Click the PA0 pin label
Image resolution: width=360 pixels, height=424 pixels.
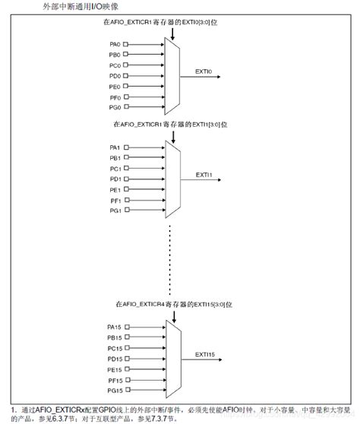(x=115, y=44)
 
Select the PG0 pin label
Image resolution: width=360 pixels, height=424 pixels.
(x=115, y=108)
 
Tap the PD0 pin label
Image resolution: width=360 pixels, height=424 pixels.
(x=115, y=76)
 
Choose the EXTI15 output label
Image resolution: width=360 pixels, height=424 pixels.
(x=206, y=353)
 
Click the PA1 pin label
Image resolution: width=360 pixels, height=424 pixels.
(x=115, y=147)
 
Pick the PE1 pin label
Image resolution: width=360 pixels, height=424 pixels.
(x=115, y=189)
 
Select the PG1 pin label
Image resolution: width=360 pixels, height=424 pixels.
(x=115, y=210)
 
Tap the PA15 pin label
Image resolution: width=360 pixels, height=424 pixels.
(x=115, y=327)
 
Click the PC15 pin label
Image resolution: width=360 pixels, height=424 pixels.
(x=115, y=348)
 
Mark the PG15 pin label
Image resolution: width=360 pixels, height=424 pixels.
(x=115, y=391)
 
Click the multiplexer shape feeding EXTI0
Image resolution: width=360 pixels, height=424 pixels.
(x=172, y=76)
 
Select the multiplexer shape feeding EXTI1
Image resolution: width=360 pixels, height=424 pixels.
(x=172, y=179)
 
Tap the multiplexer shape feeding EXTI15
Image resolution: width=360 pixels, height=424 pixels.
(x=172, y=359)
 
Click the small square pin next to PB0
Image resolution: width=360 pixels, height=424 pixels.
(x=127, y=55)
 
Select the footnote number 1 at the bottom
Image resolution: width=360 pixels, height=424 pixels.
(x=14, y=409)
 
